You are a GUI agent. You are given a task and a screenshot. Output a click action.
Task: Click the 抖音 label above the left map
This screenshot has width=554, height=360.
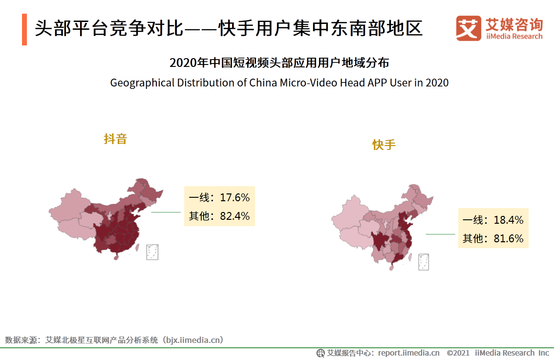[115, 139]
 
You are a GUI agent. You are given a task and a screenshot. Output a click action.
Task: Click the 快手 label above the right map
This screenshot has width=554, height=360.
[384, 145]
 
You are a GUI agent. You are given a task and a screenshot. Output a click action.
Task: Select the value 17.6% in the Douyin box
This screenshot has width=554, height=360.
[235, 198]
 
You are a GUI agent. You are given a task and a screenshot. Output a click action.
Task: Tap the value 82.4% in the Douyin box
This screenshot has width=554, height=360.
[235, 216]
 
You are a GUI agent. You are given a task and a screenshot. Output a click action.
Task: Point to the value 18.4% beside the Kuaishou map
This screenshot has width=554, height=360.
[508, 220]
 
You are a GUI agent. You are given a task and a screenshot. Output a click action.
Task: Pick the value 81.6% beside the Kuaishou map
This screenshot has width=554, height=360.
[508, 238]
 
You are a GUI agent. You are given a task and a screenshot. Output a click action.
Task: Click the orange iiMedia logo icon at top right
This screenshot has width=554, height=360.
[469, 28]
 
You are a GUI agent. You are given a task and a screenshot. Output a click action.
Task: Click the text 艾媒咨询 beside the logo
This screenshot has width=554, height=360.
[514, 24]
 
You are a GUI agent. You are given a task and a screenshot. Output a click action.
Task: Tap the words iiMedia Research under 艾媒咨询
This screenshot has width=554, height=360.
[514, 36]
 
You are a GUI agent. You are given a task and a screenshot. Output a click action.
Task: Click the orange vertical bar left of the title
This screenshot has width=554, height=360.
[24, 29]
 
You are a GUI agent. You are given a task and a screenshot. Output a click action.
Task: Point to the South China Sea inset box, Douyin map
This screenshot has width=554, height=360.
[152, 251]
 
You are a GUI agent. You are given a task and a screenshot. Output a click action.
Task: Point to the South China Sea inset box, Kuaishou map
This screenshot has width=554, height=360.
[424, 262]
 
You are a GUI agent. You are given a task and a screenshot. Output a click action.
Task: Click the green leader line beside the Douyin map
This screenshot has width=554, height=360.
[166, 212]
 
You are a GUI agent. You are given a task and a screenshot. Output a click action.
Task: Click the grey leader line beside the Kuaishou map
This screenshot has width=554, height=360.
[440, 234]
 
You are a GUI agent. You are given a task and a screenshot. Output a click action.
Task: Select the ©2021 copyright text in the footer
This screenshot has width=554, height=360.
[458, 353]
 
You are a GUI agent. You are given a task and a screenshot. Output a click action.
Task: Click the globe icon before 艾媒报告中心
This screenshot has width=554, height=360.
[320, 353]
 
